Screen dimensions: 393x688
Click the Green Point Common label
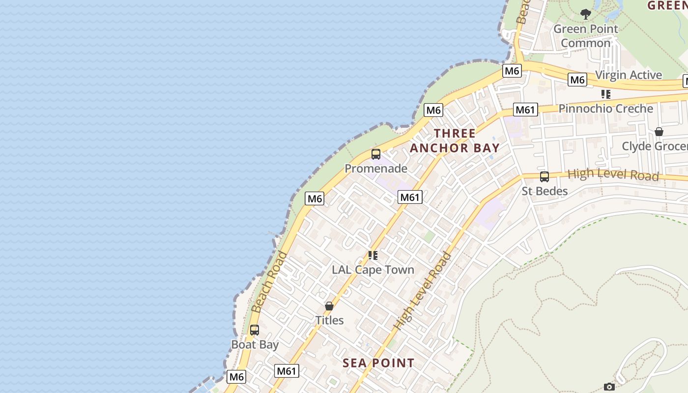(x=585, y=36)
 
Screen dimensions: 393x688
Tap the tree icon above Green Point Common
(x=585, y=14)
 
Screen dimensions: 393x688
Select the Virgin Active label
(x=629, y=75)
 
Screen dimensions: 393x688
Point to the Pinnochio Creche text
(x=605, y=109)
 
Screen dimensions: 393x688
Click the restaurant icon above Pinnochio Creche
(x=606, y=94)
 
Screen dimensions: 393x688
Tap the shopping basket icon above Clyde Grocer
(x=659, y=132)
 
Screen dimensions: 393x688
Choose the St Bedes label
(x=545, y=191)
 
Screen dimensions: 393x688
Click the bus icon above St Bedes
(x=545, y=177)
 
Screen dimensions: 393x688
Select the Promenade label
(x=376, y=168)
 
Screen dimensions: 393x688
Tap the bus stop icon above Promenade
(x=376, y=154)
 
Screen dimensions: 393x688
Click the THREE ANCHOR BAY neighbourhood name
(x=455, y=140)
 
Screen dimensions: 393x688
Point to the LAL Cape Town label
(x=373, y=270)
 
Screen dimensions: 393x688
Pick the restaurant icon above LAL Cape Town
(x=373, y=255)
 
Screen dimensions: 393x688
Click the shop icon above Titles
(x=329, y=306)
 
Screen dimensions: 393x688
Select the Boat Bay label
(x=255, y=344)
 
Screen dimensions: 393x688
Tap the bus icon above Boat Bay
(x=255, y=330)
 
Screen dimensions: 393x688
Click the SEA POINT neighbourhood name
(x=378, y=363)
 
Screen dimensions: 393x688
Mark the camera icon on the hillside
(x=609, y=387)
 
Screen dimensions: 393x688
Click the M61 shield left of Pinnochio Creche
(x=525, y=110)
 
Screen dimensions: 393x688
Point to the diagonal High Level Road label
(x=423, y=291)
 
